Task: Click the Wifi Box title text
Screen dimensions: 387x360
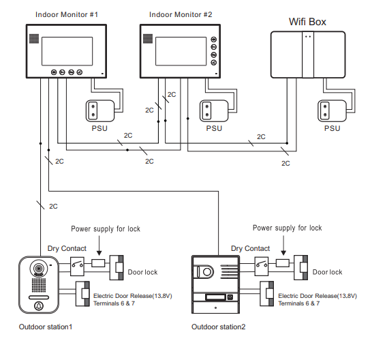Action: pyautogui.click(x=307, y=22)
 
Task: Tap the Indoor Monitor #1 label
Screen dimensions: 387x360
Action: pyautogui.click(x=67, y=14)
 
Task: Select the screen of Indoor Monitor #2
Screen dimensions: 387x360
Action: pyautogui.click(x=181, y=51)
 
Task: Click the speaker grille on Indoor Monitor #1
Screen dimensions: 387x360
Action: pyautogui.click(x=34, y=38)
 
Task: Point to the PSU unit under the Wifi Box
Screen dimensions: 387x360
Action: pyautogui.click(x=332, y=111)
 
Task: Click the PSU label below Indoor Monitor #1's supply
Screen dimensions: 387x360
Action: pyautogui.click(x=99, y=128)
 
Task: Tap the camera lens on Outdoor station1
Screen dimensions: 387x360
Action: pyautogui.click(x=39, y=268)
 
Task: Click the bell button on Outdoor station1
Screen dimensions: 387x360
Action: pyautogui.click(x=39, y=306)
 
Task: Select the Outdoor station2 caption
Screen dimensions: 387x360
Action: pyautogui.click(x=219, y=327)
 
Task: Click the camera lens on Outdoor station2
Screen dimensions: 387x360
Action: pyautogui.click(x=207, y=272)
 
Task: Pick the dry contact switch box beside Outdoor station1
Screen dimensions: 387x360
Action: pyautogui.click(x=77, y=267)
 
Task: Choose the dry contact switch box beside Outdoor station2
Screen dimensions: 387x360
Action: pyautogui.click(x=262, y=267)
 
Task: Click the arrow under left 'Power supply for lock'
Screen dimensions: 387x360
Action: pyautogui.click(x=99, y=245)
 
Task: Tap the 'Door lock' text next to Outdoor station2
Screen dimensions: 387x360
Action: pyautogui.click(x=327, y=272)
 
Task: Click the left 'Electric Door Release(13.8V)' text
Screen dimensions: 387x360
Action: pyautogui.click(x=133, y=296)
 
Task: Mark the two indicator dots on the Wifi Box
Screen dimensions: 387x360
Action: pyautogui.click(x=308, y=37)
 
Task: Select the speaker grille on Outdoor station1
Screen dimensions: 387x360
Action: pyautogui.click(x=39, y=285)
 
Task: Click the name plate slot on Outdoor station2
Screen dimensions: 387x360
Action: pyautogui.click(x=216, y=297)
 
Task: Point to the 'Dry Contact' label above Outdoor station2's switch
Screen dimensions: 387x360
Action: pyautogui.click(x=251, y=248)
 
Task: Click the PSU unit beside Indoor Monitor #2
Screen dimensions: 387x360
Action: pyautogui.click(x=214, y=111)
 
